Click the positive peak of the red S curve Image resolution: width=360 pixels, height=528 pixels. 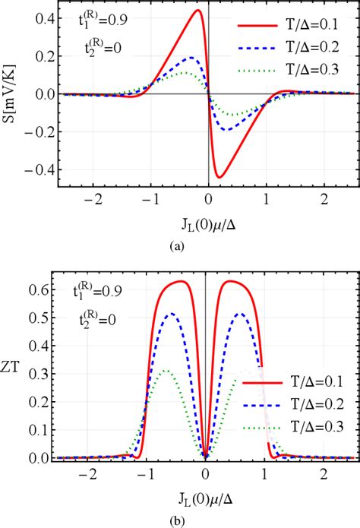pos(197,10)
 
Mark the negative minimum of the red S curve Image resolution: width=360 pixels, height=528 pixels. pos(219,178)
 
